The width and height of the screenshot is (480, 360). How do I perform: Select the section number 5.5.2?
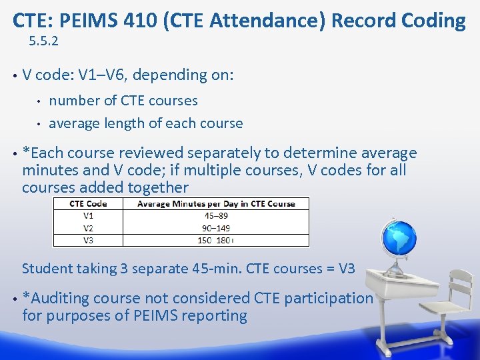[44, 41]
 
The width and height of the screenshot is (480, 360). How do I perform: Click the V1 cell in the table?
[89, 215]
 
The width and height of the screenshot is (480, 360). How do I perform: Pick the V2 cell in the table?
[89, 228]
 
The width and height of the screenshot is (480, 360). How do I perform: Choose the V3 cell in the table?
[89, 240]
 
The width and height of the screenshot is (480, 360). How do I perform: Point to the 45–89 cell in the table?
[216, 215]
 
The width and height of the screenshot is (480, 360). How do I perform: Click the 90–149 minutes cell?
[216, 228]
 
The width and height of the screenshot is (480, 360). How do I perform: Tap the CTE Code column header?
[89, 203]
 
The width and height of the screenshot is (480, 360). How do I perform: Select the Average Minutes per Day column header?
[216, 203]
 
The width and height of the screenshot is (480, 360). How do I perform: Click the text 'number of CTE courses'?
[123, 101]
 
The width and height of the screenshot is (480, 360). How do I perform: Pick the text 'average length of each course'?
[146, 123]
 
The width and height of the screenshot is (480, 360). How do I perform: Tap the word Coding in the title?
[431, 21]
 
